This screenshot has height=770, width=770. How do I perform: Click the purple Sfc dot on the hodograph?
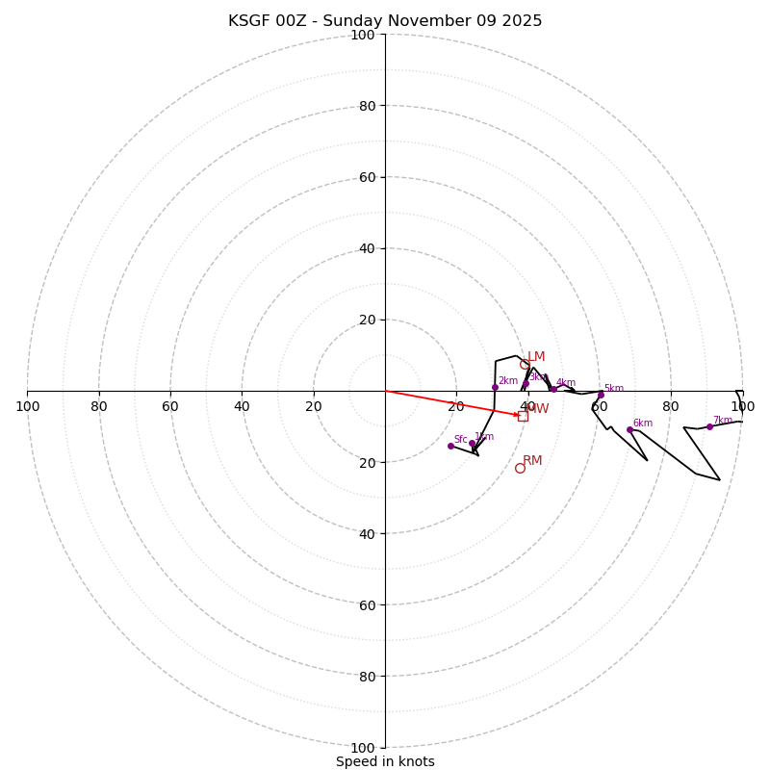(450, 446)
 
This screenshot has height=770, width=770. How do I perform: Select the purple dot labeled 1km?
(472, 443)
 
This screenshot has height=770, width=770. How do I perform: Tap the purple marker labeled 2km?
(495, 387)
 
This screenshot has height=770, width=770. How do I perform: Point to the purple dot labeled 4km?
(553, 389)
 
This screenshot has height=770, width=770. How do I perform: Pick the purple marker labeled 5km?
(601, 395)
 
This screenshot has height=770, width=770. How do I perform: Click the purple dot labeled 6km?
(629, 429)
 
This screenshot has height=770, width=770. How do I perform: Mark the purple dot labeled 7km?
(709, 426)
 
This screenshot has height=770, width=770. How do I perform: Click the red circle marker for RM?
(520, 468)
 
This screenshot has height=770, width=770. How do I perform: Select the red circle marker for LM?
(525, 364)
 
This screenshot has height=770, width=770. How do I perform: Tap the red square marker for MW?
(523, 416)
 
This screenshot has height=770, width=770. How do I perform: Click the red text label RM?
(532, 461)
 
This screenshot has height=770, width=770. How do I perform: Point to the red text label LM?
(536, 357)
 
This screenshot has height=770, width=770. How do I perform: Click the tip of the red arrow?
(520, 415)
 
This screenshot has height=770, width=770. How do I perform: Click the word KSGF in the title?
(249, 21)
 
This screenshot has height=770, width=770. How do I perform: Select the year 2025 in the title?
(521, 21)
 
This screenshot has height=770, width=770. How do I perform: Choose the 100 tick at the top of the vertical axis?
(362, 35)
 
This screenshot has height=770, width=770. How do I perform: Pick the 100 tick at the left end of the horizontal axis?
(27, 406)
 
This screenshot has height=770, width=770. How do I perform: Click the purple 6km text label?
(643, 423)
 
